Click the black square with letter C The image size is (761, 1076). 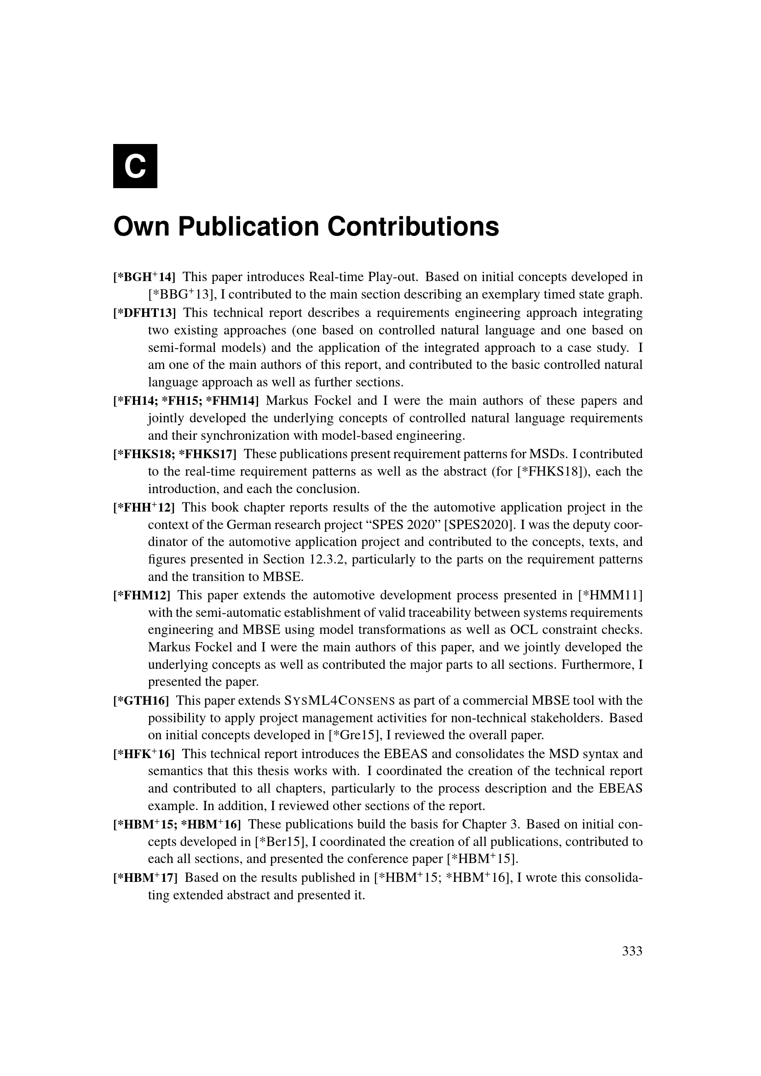tap(135, 166)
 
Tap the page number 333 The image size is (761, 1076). tap(632, 951)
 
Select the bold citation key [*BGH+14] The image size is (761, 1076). tap(144, 277)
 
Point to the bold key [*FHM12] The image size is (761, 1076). tap(142, 595)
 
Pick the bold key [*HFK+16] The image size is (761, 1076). tap(144, 754)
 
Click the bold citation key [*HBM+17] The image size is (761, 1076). tap(145, 877)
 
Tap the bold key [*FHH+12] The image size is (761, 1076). tap(144, 507)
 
